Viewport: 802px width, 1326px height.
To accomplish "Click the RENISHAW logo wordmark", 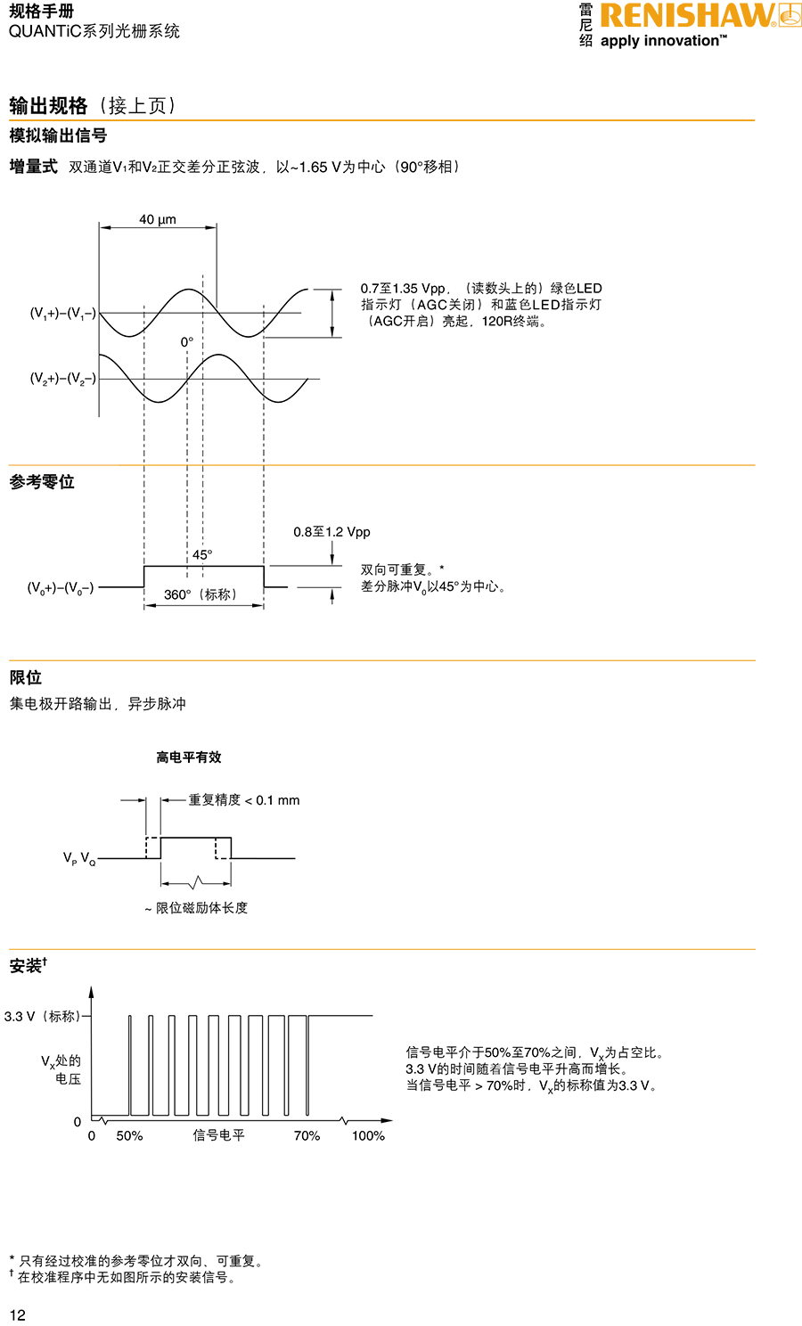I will [x=687, y=15].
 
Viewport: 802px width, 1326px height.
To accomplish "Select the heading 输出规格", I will [x=48, y=106].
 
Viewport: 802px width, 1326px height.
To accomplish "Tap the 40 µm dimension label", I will [x=158, y=219].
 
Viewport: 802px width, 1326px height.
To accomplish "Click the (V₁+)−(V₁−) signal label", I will [x=62, y=313].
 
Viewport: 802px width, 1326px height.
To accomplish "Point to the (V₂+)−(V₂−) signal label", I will [x=62, y=379].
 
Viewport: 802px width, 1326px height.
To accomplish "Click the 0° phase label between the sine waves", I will [x=186, y=342].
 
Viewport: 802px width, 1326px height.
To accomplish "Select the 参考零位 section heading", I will [x=42, y=482].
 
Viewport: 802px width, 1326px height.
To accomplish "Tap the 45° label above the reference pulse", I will [x=202, y=554].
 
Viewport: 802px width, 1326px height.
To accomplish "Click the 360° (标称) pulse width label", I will [x=200, y=594].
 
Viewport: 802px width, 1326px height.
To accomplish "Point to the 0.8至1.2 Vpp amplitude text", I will [x=331, y=532].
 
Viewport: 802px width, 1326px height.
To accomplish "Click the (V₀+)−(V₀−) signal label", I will [x=61, y=587].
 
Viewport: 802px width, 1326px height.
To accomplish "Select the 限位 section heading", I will [x=26, y=677].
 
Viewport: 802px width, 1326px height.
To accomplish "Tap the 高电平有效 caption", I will [x=188, y=757].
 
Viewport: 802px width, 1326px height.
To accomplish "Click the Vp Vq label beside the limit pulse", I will [x=78, y=858].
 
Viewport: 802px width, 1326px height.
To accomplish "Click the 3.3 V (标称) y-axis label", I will [x=42, y=1016].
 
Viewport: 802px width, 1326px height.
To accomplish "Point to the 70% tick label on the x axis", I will [x=307, y=1135].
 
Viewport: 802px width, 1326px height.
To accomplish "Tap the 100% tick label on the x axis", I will [x=368, y=1135].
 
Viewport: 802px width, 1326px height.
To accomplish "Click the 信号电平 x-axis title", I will [x=218, y=1135].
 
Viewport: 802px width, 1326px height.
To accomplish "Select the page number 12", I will [x=18, y=1315].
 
